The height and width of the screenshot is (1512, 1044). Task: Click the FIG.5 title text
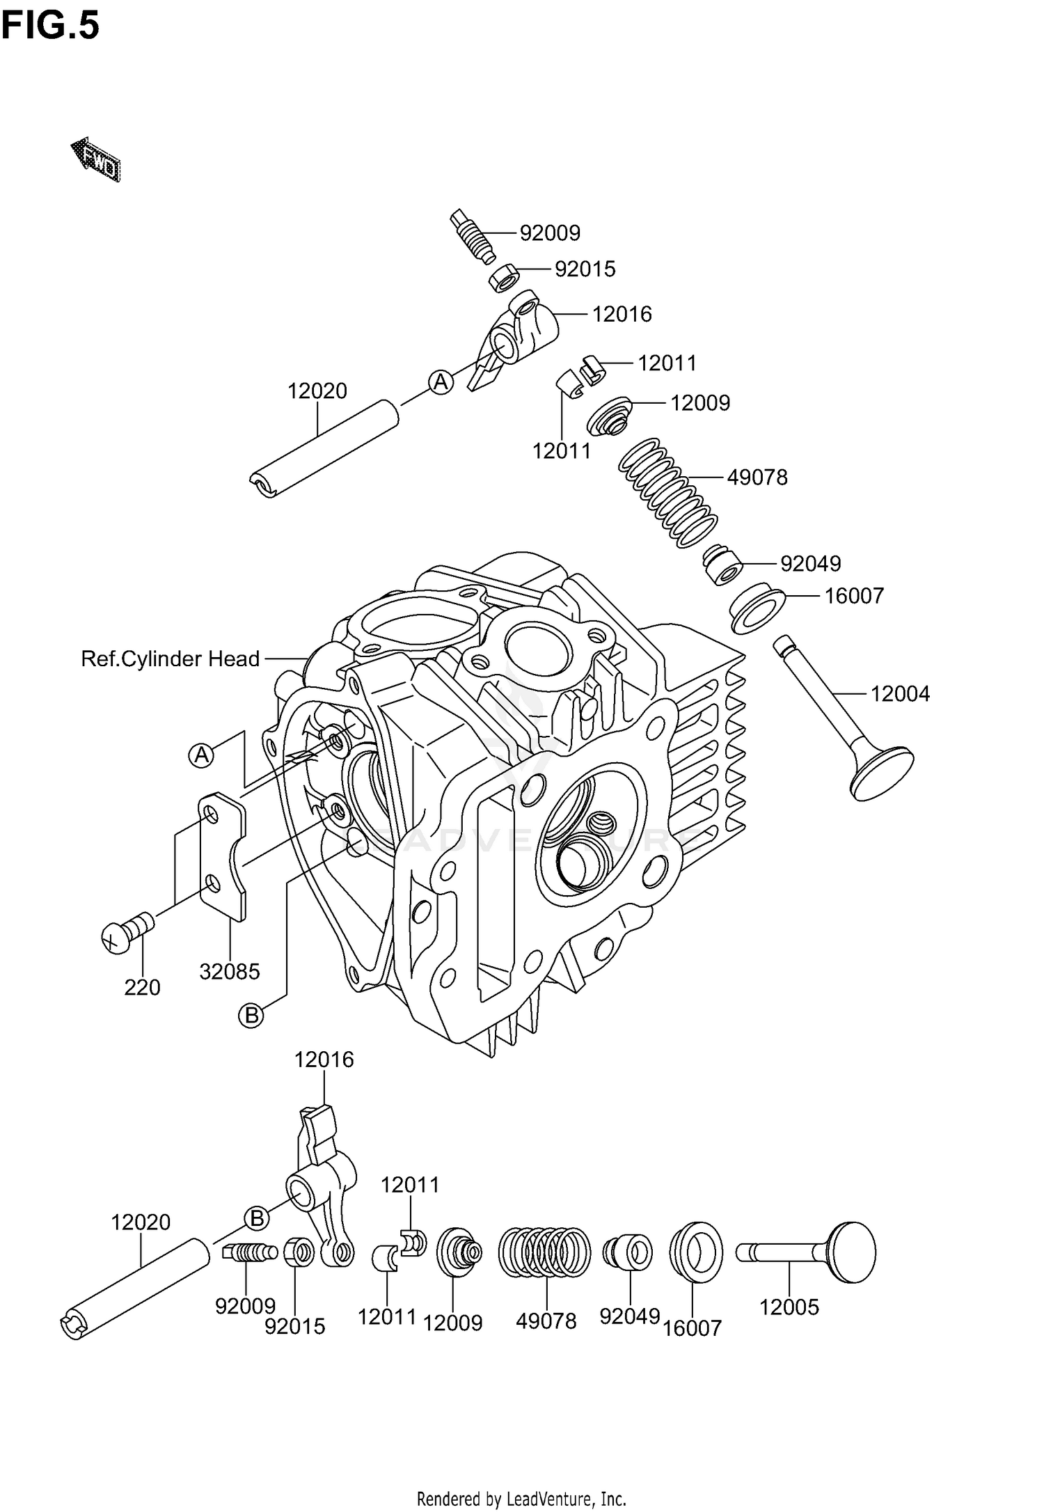click(50, 26)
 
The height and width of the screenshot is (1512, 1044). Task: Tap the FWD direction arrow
click(96, 159)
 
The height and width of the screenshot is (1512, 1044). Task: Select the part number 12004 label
click(900, 693)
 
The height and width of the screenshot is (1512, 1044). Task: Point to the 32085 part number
click(230, 971)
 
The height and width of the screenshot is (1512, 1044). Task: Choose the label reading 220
click(142, 987)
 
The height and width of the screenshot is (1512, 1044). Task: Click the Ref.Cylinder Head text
click(171, 659)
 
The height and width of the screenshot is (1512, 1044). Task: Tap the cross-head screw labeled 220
click(126, 931)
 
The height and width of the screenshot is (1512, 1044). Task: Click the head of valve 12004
click(882, 773)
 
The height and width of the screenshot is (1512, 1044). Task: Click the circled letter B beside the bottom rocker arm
click(257, 1218)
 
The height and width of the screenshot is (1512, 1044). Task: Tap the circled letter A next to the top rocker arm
click(441, 381)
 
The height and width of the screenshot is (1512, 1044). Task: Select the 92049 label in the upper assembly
click(810, 563)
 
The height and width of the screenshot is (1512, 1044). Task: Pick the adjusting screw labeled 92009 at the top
click(473, 236)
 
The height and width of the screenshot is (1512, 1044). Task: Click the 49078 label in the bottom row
click(546, 1321)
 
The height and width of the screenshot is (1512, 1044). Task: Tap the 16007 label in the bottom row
click(693, 1328)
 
